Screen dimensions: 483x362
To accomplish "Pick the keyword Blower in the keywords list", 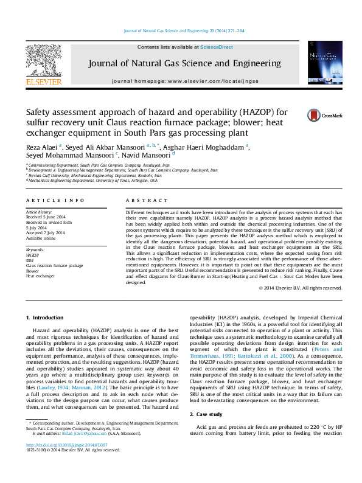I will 32,271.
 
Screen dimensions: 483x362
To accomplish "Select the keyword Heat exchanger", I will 40,276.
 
